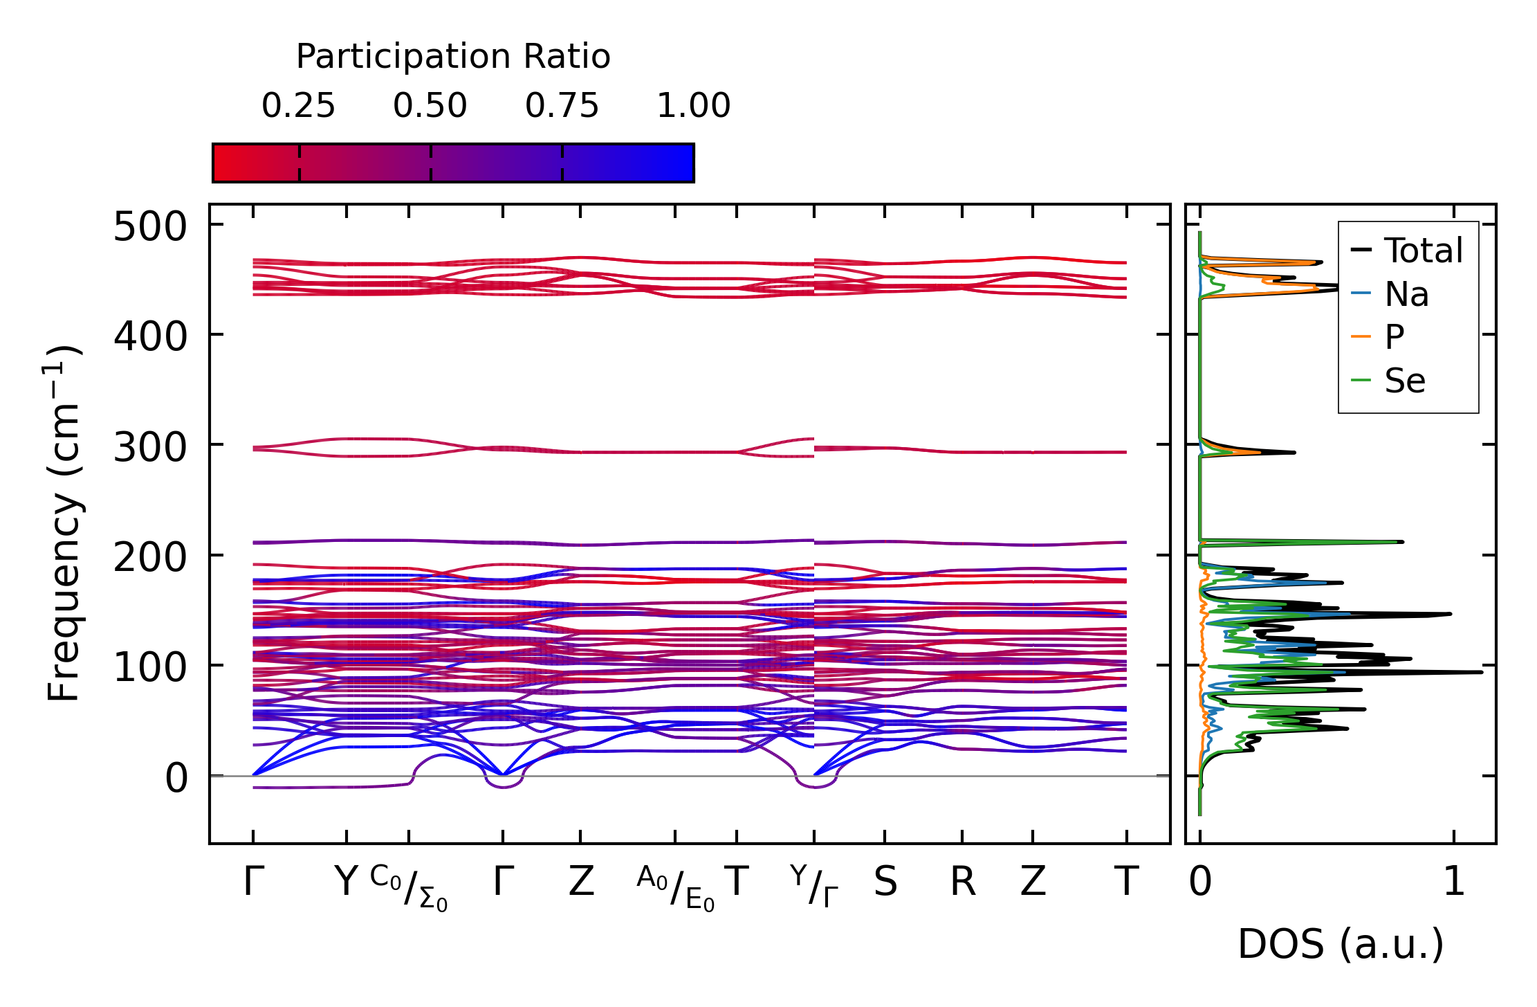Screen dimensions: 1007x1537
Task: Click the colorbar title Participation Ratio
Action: pos(453,56)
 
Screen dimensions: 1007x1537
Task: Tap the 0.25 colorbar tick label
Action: pos(298,106)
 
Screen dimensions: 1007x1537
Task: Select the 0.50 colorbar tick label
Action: pos(430,106)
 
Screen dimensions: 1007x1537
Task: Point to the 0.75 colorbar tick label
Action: pos(562,106)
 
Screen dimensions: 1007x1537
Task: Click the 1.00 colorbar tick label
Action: pos(694,106)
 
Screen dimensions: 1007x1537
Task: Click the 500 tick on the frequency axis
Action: pos(150,226)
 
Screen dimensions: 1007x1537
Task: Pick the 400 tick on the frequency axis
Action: pos(150,337)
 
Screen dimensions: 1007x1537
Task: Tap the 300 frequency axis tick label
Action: pos(150,448)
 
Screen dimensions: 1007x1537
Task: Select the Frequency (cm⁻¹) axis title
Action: pos(64,523)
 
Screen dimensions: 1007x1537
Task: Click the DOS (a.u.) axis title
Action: pos(1341,944)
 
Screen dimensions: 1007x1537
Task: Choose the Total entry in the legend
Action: pos(1424,250)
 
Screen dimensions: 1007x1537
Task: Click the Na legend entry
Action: pos(1406,294)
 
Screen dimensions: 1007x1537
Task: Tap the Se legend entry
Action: pos(1405,380)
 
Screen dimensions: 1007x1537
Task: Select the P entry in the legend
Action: pos(1395,337)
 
